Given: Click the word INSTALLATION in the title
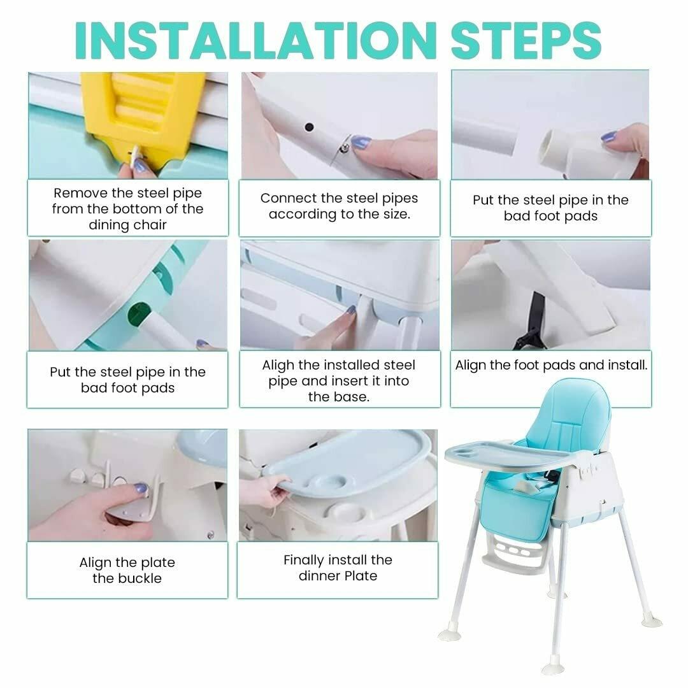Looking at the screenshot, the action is [x=256, y=40].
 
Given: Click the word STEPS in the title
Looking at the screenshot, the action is [x=526, y=40].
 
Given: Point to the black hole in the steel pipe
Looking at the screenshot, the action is [x=309, y=127].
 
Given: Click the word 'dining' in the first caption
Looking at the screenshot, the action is [x=107, y=225].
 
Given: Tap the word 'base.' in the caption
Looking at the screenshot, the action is [x=353, y=397].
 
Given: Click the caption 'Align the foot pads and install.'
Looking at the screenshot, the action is [x=551, y=365].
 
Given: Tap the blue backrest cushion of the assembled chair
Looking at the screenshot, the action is [x=569, y=417].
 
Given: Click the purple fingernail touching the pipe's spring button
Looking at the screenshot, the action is [x=361, y=141].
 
